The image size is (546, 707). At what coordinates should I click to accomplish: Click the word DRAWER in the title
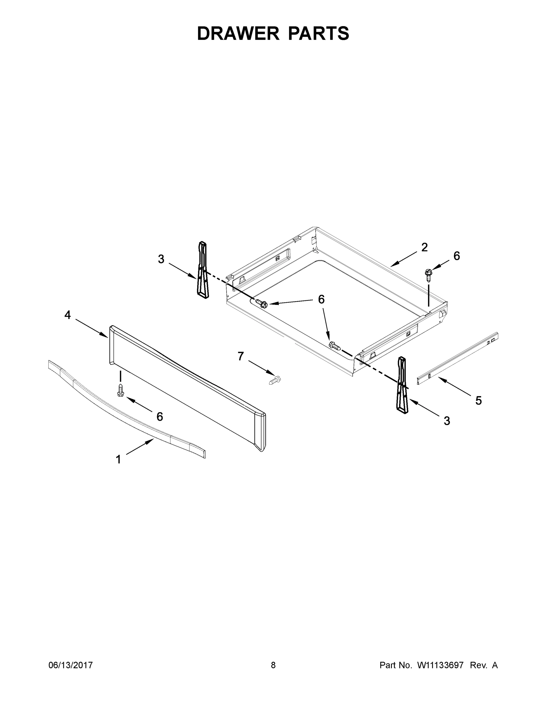point(238,33)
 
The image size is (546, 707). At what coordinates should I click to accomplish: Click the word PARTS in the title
point(318,33)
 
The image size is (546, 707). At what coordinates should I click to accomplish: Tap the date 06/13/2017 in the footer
point(71,665)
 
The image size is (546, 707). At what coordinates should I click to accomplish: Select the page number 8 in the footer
point(273,665)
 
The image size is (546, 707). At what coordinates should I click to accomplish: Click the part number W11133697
point(440,665)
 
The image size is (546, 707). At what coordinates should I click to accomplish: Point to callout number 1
point(118,459)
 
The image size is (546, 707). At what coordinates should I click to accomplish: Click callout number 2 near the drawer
point(424,247)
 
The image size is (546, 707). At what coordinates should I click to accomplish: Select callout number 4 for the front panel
point(67,314)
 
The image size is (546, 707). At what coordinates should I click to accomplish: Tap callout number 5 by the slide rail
point(478,400)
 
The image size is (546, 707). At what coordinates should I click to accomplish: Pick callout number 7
point(241,356)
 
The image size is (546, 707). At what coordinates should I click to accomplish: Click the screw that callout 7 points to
point(275,380)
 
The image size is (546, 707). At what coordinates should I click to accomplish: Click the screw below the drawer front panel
point(121,390)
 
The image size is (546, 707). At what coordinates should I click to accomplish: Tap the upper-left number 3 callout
point(161,259)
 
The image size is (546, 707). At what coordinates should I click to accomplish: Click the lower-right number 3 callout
point(447,421)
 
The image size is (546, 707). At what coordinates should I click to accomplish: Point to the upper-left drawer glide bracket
point(203,270)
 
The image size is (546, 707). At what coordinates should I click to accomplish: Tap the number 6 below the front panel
point(160,417)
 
